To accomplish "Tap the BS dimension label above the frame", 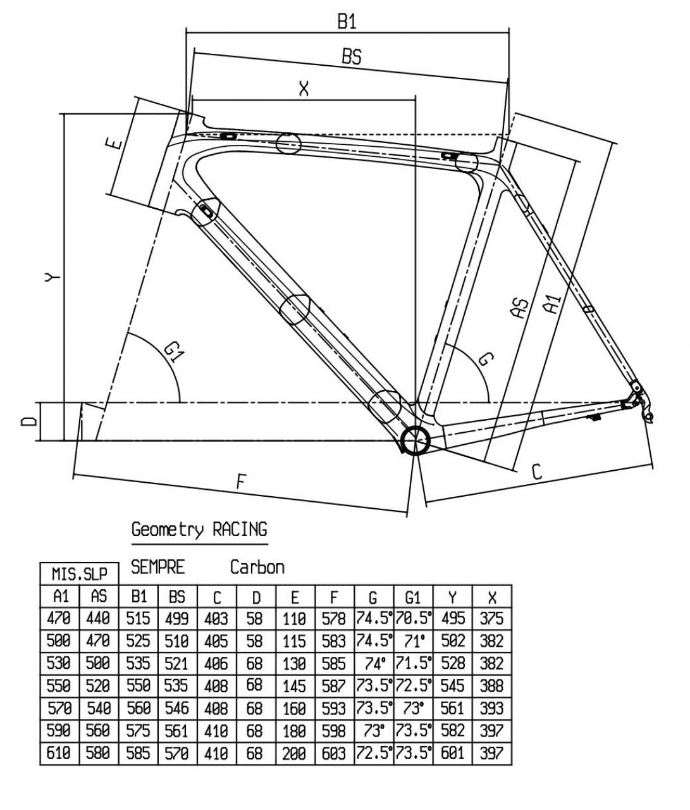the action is (x=352, y=56).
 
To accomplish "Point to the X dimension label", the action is (x=304, y=89).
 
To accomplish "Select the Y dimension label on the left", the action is (x=52, y=277).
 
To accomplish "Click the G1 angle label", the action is (x=174, y=352).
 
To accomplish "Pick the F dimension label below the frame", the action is (x=242, y=482).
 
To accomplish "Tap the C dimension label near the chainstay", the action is (x=537, y=472).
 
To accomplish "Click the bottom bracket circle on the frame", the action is (x=416, y=440).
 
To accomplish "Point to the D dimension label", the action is (x=29, y=421).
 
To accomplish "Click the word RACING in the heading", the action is (x=240, y=530).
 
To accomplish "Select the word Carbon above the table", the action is (x=257, y=568).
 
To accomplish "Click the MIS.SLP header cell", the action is (x=80, y=574).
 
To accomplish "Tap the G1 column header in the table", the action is (x=413, y=597).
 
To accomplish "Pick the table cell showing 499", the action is (x=177, y=619).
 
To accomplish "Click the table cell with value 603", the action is (x=335, y=753).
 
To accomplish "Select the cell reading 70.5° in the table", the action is (x=413, y=619).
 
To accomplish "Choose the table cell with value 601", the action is (x=453, y=753).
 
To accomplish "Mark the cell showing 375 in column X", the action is (x=492, y=619).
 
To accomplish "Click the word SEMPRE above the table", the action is (x=158, y=567).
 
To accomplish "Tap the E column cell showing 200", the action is (x=295, y=753).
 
